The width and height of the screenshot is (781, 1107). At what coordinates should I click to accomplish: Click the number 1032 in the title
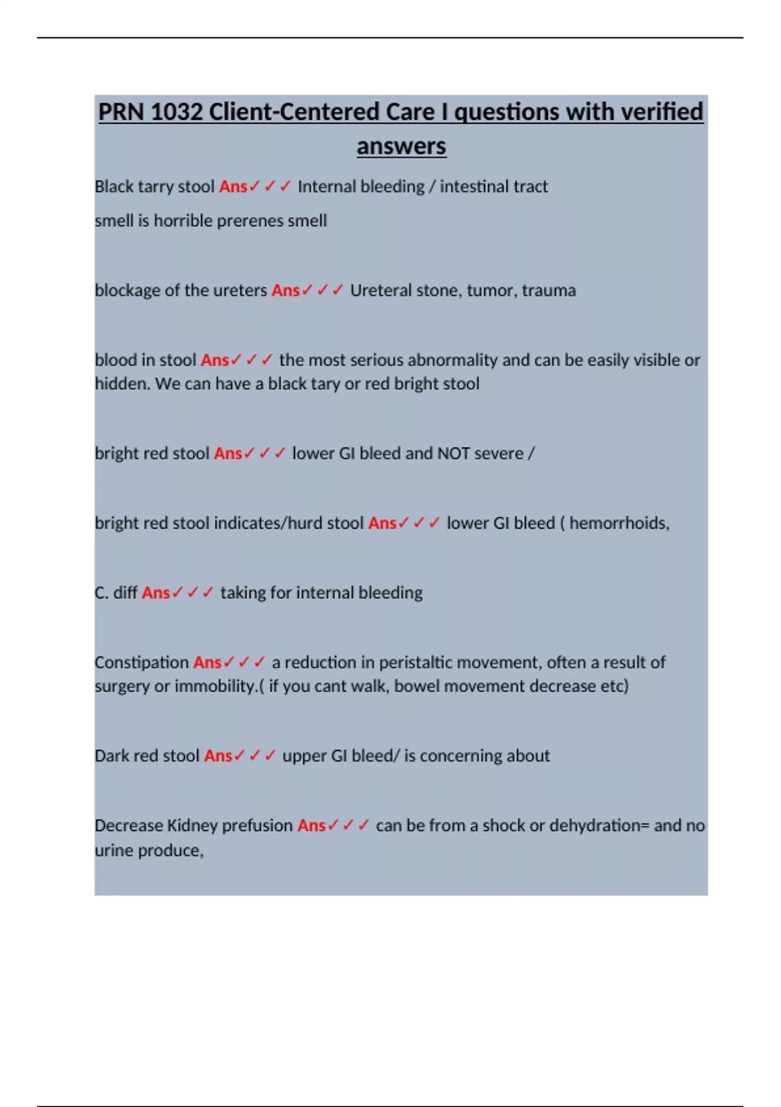click(x=176, y=112)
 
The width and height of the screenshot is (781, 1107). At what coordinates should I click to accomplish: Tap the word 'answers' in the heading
click(x=401, y=147)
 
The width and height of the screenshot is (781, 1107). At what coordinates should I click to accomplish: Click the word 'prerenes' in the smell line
click(x=250, y=221)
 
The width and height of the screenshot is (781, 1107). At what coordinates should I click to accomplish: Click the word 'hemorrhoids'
click(x=618, y=523)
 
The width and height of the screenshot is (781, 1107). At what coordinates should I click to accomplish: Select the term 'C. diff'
click(x=116, y=593)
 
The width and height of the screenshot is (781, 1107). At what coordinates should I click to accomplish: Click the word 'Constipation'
click(x=141, y=662)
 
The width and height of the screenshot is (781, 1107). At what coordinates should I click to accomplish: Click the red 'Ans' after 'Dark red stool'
click(x=218, y=756)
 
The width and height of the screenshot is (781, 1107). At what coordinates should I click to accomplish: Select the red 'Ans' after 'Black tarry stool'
click(x=233, y=187)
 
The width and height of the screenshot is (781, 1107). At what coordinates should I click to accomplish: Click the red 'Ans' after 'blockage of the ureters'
click(x=285, y=290)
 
